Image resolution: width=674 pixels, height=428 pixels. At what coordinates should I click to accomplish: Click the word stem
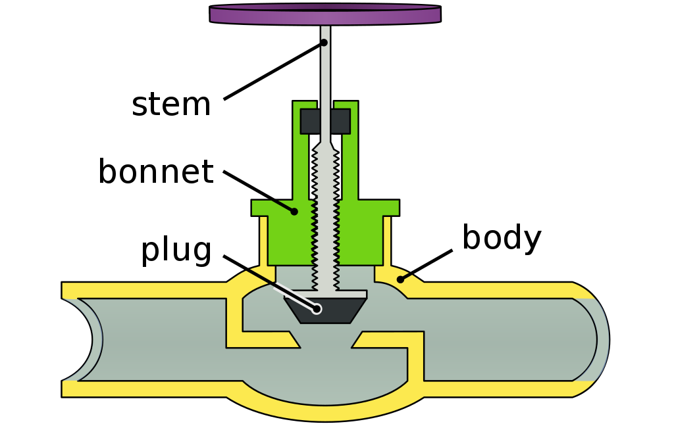pos(171,105)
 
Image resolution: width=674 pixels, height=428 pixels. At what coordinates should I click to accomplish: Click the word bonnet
pos(155,172)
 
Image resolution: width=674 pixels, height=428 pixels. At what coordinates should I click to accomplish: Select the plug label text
pos(176,250)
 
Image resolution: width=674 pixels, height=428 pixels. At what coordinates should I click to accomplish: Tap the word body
pos(502,238)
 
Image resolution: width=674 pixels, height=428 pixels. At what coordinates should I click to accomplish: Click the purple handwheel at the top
pos(325,14)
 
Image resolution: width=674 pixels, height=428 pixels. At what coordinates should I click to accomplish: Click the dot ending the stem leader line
pos(324,43)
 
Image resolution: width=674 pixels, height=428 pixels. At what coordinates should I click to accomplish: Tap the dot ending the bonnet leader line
pos(294,211)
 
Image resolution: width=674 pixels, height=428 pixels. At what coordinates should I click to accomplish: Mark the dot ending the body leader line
pos(400,279)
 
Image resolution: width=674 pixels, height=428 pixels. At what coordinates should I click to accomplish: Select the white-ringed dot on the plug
pos(317,308)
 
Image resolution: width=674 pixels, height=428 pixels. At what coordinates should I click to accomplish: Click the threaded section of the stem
pos(325,210)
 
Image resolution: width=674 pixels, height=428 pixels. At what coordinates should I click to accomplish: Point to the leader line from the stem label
pos(273,71)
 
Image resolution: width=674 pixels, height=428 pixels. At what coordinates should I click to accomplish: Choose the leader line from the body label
pos(427,264)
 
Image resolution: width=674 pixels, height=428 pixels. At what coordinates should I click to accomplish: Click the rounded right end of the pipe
pos(600,339)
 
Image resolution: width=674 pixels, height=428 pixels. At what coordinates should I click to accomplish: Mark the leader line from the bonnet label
pos(259,191)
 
